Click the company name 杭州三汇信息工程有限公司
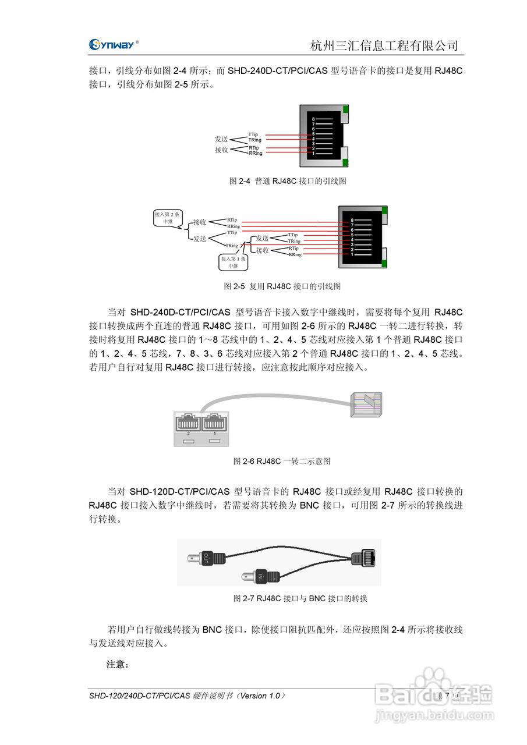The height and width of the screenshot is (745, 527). point(384,45)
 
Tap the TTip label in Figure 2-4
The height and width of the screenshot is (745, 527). point(253,134)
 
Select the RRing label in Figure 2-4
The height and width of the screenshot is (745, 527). point(255,154)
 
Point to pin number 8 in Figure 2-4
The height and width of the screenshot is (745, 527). point(313,119)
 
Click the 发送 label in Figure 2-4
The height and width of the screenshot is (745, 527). point(221,140)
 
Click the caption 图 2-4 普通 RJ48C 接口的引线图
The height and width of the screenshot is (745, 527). point(287,181)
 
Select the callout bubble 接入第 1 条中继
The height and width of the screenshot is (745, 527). point(233,261)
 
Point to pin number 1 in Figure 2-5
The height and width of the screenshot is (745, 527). point(352,254)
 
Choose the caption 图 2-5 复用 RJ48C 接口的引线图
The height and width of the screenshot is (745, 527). point(282,286)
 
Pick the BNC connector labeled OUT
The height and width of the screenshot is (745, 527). point(207,558)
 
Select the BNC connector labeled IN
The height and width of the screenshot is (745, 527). point(259,577)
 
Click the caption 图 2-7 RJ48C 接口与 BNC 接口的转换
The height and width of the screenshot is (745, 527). point(300,598)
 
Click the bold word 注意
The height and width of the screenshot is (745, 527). point(117,664)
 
